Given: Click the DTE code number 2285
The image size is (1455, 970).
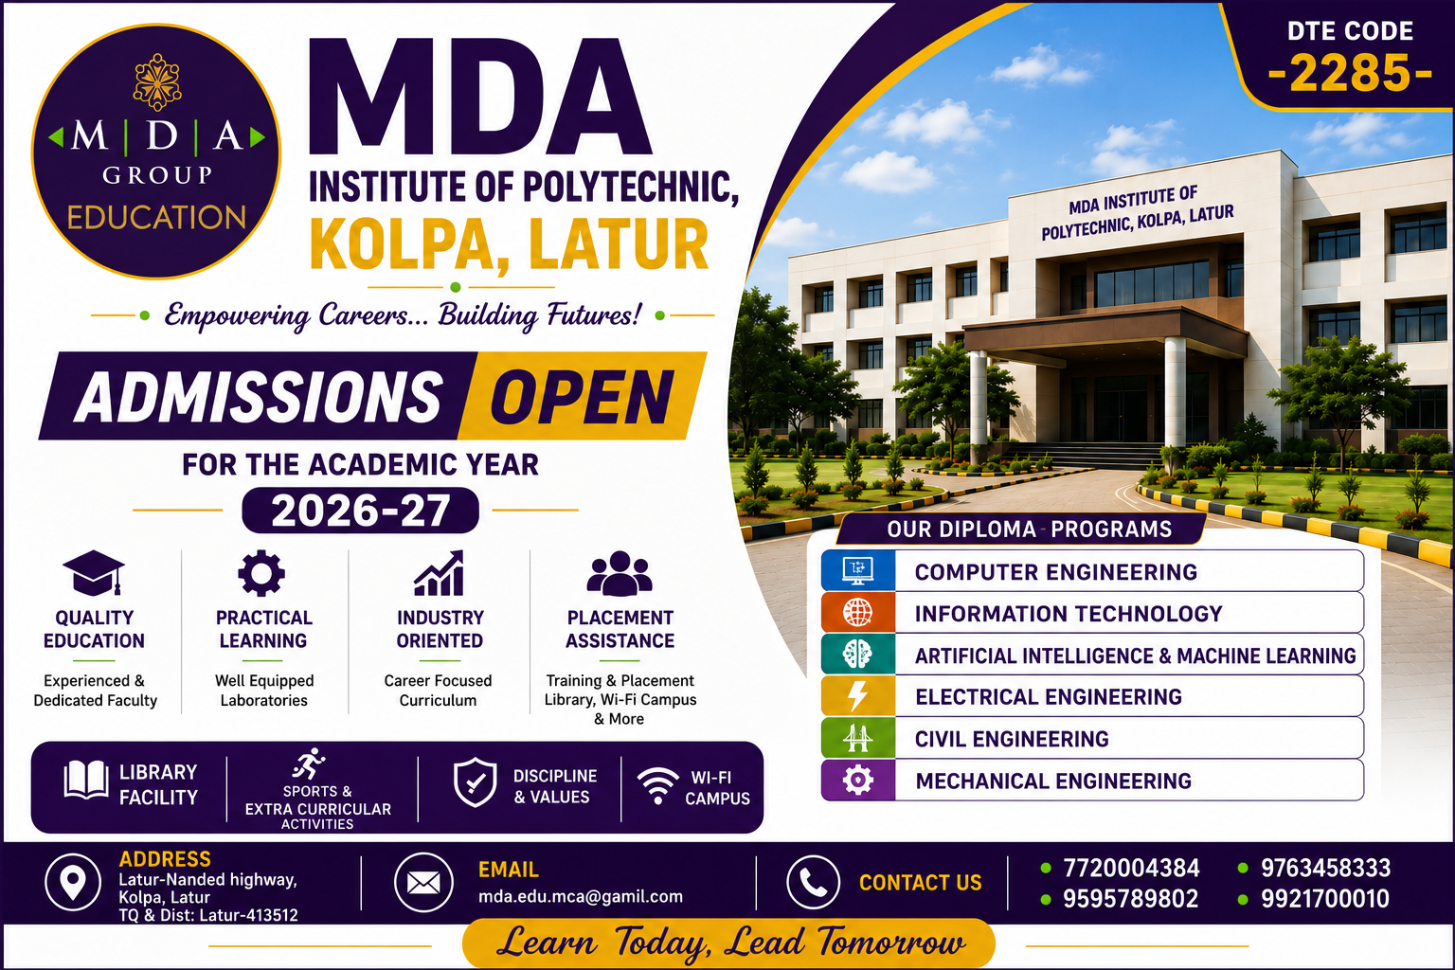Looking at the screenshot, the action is pyautogui.click(x=1351, y=73).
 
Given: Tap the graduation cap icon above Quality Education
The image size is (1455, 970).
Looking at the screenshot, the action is pyautogui.click(x=94, y=572).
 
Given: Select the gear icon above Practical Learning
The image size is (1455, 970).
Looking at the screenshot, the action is pyautogui.click(x=261, y=573).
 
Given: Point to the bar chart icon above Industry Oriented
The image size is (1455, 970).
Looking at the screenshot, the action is pyautogui.click(x=440, y=573).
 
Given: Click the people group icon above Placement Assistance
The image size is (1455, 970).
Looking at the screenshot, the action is pyautogui.click(x=619, y=573).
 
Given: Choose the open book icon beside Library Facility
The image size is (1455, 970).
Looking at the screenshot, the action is pyautogui.click(x=86, y=780).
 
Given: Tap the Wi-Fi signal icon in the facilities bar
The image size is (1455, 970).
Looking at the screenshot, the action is pyautogui.click(x=658, y=785).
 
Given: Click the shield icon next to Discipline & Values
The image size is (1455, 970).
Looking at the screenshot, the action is pyautogui.click(x=476, y=782).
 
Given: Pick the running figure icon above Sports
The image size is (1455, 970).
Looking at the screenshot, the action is pyautogui.click(x=309, y=763).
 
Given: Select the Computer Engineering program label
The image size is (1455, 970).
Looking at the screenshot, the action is pyautogui.click(x=1055, y=572).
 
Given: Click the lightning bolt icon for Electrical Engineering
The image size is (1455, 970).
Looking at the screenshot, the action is pyautogui.click(x=857, y=696).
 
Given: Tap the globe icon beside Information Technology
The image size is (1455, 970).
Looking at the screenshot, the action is pyautogui.click(x=857, y=613).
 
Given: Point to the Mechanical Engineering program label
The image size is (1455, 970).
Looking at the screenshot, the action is pyautogui.click(x=1053, y=781).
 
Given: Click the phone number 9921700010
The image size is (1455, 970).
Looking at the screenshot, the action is pyautogui.click(x=1324, y=899).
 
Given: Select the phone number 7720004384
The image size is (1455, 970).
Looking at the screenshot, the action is pyautogui.click(x=1131, y=868).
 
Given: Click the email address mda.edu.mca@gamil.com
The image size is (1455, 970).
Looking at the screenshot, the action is pyautogui.click(x=580, y=896).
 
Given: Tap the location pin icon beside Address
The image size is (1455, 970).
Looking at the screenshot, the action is pyautogui.click(x=73, y=882).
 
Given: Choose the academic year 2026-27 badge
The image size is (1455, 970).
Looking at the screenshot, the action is pyautogui.click(x=361, y=510).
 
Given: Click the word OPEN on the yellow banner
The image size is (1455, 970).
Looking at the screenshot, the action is pyautogui.click(x=582, y=396).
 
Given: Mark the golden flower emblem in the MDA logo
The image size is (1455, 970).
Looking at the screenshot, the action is pyautogui.click(x=156, y=81).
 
